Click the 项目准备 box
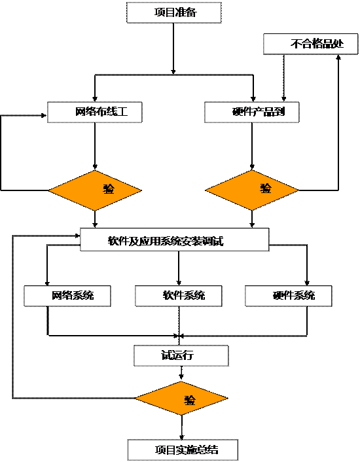point(174,12)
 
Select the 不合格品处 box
point(310,44)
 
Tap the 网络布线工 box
point(95,112)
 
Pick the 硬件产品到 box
point(252,112)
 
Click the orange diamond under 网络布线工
point(95,190)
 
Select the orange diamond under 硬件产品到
point(252,190)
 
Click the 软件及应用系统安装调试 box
point(175,240)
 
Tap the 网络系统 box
point(67,296)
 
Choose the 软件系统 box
point(179,296)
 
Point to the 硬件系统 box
point(289,296)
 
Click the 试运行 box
point(181,355)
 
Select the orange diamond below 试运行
point(181,399)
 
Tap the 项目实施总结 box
point(183,450)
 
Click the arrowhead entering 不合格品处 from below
point(338,57)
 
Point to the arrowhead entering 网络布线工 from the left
point(45,115)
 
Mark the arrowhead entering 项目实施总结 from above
point(181,437)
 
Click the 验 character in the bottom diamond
point(190,400)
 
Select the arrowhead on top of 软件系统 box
point(179,283)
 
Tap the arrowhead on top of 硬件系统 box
point(307,283)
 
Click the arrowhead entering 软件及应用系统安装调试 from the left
point(77,236)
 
